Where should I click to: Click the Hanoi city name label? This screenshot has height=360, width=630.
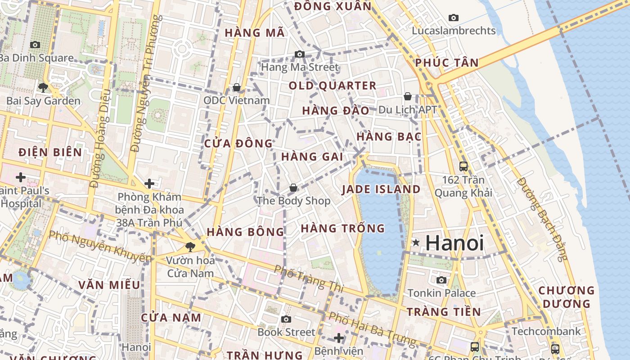pos(454,243)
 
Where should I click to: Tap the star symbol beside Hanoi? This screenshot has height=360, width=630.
pos(416,243)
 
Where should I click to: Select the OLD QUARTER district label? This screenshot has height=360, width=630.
pos(333,85)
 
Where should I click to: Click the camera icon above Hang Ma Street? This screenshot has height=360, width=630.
pos(300,54)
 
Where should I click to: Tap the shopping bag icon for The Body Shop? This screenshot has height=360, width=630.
pos(293,187)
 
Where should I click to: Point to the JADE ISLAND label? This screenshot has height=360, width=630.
pos(381,189)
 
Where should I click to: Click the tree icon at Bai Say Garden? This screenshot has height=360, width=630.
pos(43,87)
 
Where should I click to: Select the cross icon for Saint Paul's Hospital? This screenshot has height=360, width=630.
pos(20,177)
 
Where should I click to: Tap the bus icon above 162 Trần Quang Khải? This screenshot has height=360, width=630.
pos(463,166)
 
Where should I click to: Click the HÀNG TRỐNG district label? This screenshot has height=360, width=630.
pos(343,229)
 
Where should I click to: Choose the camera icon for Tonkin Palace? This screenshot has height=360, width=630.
pos(441,280)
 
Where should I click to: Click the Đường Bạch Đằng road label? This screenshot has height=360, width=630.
pos(542,219)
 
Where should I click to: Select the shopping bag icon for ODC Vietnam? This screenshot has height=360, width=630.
pos(237,87)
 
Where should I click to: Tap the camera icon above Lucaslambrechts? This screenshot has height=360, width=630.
pos(454,18)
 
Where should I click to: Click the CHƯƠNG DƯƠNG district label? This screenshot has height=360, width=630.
pos(567,297)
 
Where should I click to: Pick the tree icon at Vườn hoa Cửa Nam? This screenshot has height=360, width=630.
pos(190,247)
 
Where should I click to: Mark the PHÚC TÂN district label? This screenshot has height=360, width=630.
pos(447,63)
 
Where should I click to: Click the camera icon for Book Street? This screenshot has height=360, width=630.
pos(286,319)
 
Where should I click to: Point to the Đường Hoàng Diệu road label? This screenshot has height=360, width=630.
pos(100,139)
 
